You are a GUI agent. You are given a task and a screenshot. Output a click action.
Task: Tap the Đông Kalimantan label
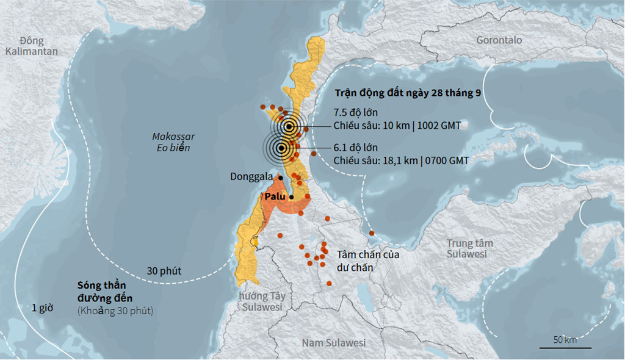point(31,46)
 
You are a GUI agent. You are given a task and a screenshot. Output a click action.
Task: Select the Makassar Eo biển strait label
point(173,142)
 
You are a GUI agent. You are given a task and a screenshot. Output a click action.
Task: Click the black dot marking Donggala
point(280,178)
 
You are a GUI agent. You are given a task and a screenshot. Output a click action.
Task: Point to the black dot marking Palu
point(292,196)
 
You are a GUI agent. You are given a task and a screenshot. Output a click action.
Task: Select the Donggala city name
point(251,177)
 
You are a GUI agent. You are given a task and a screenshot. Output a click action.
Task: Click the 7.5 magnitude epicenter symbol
point(289,127)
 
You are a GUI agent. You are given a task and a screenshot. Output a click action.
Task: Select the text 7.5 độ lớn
point(356,113)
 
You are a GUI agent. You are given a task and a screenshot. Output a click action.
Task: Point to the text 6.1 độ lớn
point(356,148)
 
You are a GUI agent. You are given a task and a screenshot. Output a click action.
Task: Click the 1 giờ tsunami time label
point(43,308)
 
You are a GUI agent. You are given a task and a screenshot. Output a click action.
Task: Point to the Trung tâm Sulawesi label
point(469,248)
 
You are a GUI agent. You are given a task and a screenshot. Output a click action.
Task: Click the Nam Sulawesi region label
point(333,343)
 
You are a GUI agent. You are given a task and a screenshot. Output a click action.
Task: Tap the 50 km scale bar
point(565,347)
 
